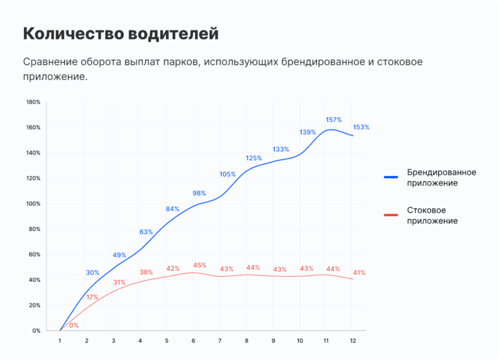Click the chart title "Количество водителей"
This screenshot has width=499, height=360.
tap(120, 34)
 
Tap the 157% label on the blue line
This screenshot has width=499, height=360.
tap(333, 119)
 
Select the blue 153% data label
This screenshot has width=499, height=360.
tap(361, 127)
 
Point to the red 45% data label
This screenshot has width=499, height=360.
tap(200, 265)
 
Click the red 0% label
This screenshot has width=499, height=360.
tap(74, 325)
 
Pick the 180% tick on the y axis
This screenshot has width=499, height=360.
tap(34, 102)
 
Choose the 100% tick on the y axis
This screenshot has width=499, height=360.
tap(34, 204)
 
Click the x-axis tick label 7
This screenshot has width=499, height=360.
tap(219, 341)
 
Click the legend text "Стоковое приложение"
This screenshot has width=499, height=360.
tap(432, 215)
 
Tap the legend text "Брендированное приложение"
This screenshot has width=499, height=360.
tap(442, 177)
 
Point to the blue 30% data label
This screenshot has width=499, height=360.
tap(93, 273)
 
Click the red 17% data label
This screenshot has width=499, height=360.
tap(92, 297)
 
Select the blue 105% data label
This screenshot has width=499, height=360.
tap(228, 174)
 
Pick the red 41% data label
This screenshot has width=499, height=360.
tap(359, 273)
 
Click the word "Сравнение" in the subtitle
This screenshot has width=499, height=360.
tap(50, 62)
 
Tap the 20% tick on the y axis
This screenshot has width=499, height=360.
tap(35, 305)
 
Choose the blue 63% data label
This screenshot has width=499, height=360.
tap(146, 232)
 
